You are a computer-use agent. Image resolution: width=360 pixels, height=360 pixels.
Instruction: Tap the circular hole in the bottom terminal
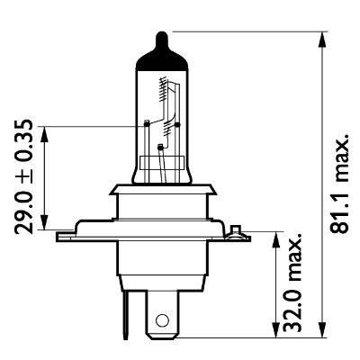(x=162, y=319)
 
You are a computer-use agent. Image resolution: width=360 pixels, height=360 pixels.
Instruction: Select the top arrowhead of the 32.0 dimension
(x=274, y=235)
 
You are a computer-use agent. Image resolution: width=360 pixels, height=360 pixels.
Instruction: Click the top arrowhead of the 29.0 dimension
(x=45, y=125)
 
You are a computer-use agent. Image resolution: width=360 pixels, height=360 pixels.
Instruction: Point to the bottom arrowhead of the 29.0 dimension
(x=45, y=230)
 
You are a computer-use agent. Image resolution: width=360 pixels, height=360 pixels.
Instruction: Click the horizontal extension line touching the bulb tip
(x=243, y=32)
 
